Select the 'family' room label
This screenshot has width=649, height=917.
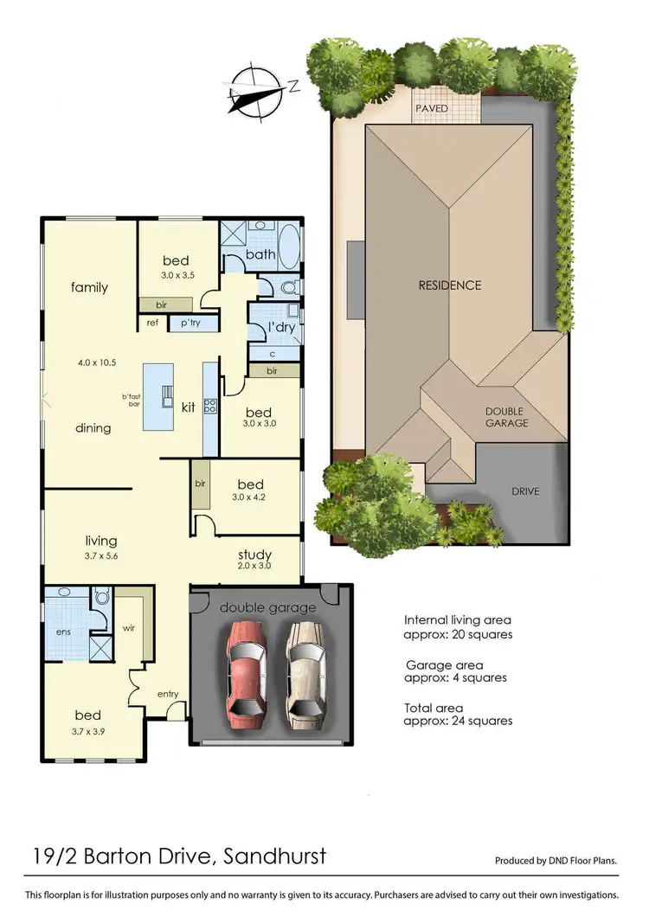point(89,286)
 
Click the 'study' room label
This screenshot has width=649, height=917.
point(254,555)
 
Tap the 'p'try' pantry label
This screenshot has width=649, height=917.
point(189,323)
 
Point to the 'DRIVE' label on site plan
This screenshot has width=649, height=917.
point(524,491)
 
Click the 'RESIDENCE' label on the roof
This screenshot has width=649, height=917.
point(449,285)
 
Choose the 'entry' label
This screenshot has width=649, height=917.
point(168,694)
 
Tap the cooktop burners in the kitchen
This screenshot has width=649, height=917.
point(209,405)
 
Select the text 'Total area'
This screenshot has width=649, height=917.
point(434,708)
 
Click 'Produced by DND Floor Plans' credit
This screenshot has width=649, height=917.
point(556,861)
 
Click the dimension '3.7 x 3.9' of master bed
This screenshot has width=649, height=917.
point(87,731)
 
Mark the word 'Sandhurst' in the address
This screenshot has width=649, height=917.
point(274,856)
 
